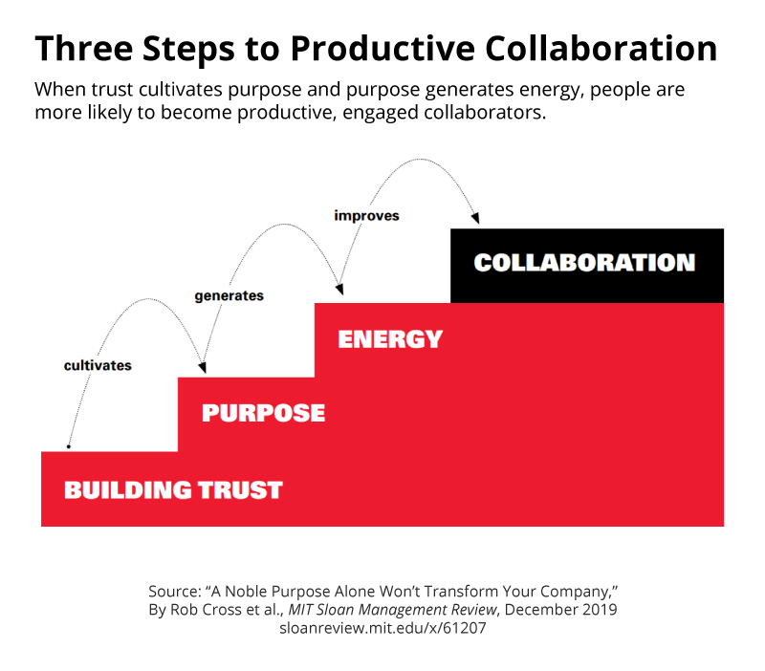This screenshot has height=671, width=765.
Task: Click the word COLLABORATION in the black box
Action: [x=584, y=263]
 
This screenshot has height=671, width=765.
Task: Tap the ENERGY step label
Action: [x=390, y=338]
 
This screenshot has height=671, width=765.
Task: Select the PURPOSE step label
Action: [x=263, y=413]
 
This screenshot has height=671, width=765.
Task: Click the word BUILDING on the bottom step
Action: [x=127, y=490]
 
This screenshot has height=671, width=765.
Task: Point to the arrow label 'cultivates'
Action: [x=98, y=365]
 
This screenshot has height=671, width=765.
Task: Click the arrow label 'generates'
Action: [x=229, y=295]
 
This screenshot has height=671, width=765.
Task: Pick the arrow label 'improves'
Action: [x=366, y=215]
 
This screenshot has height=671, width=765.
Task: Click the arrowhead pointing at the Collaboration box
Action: [x=475, y=219]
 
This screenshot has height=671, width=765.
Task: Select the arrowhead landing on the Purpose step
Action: [x=202, y=366]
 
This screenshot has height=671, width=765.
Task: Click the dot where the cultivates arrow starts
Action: [x=68, y=446]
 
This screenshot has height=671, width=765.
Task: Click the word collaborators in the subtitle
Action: [x=490, y=112]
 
